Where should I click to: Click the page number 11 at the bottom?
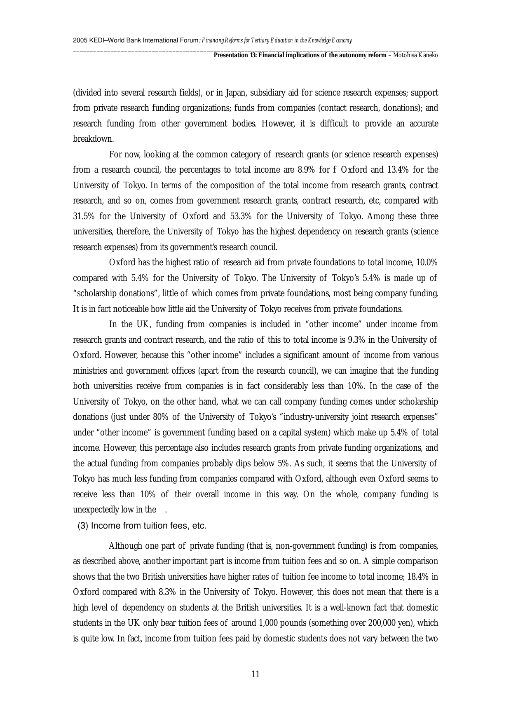pos(255,674)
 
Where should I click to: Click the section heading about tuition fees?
pos(142,526)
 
